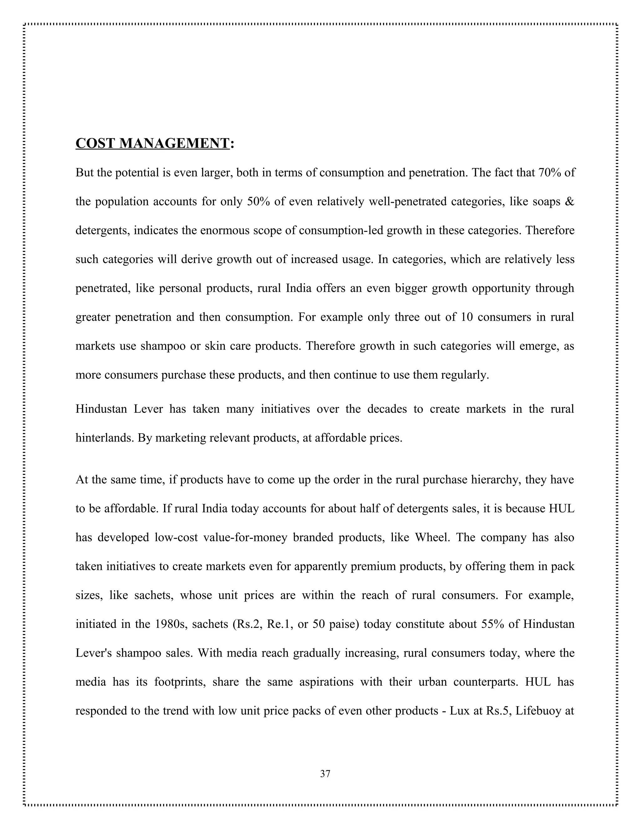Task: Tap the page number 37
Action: coord(325,774)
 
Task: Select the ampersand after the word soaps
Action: coord(570,201)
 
